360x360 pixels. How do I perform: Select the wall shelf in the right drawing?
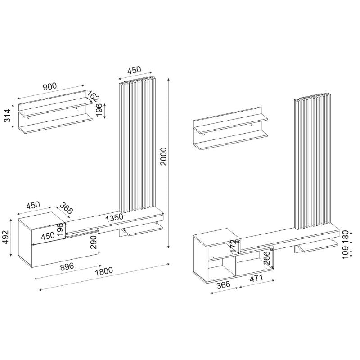[x=229, y=133]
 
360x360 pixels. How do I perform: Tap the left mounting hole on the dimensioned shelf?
[x=28, y=118]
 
